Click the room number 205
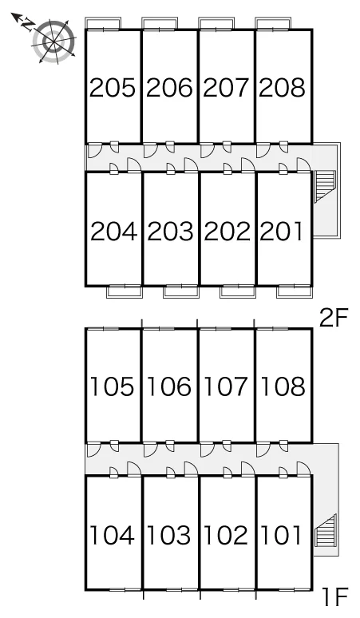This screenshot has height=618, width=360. tap(113, 88)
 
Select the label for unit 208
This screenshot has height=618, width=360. tap(282, 88)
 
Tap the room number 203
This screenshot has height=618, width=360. tap(170, 232)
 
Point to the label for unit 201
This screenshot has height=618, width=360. tap(282, 232)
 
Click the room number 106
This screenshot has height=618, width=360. tap(169, 386)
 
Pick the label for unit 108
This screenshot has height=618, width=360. tap(283, 386)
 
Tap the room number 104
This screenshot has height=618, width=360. tap(113, 536)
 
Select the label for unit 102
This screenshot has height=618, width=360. tap(226, 536)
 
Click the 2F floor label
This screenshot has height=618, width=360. tap(334, 319)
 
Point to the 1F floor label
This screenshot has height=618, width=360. tap(334, 596)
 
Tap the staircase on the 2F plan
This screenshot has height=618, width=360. tap(325, 186)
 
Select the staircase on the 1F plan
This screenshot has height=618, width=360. tap(326, 530)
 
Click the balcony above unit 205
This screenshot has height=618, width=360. tap(103, 23)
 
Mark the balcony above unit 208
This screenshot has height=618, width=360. tap(273, 23)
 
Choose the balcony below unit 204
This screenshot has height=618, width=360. tap(125, 291)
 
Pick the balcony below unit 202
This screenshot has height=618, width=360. tap(238, 291)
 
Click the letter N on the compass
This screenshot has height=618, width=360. tap(27, 25)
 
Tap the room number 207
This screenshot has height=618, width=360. tap(226, 88)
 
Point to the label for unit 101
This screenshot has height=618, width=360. tap(282, 536)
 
